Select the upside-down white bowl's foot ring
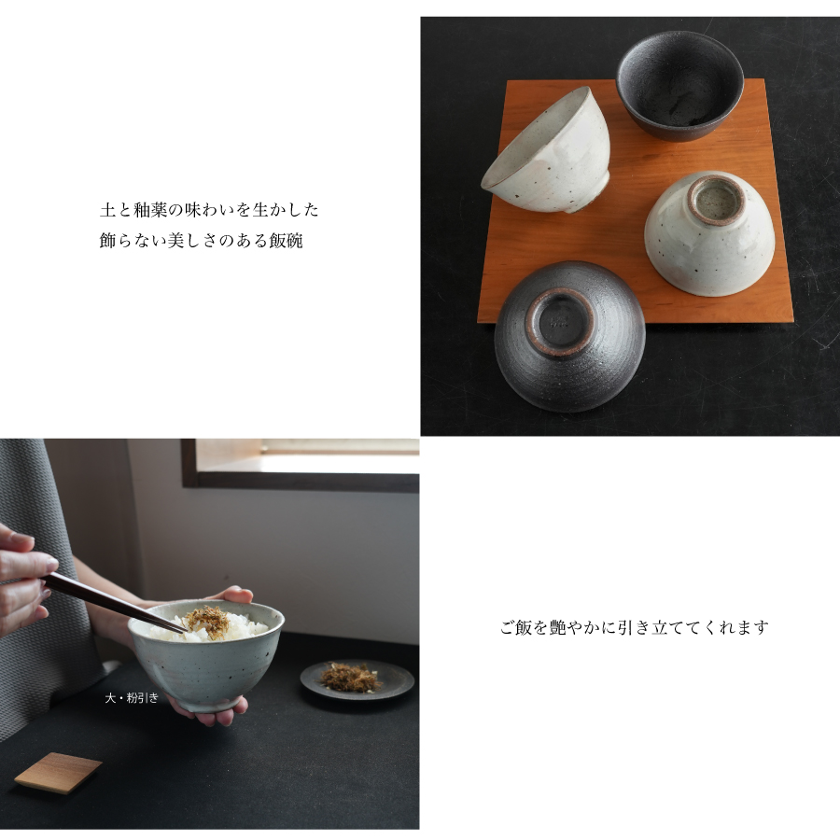pyautogui.click(x=717, y=199)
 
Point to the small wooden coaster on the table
pyautogui.click(x=58, y=773)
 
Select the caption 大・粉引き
pyautogui.click(x=132, y=697)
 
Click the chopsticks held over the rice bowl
pyautogui.click(x=112, y=601)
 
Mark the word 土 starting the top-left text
pyautogui.click(x=107, y=210)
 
